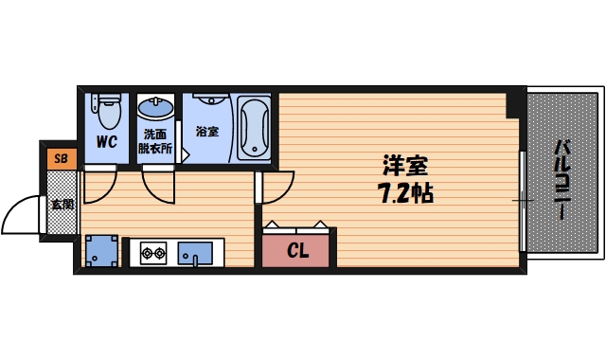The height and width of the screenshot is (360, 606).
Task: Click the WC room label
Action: point(106,143)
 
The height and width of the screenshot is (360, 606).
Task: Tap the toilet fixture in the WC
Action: point(106,112)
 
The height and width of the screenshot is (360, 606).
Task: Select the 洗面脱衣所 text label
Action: point(153,140)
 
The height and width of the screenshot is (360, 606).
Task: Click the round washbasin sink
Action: point(154,106)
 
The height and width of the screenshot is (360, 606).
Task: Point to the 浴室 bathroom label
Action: point(206,130)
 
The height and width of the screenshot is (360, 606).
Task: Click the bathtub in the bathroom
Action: point(252,127)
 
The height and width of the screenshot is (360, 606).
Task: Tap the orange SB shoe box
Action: point(60,157)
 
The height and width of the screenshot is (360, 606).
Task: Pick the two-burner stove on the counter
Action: point(153,252)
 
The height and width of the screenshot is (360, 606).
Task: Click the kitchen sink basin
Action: point(197,253)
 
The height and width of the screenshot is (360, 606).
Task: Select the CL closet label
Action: point(297,251)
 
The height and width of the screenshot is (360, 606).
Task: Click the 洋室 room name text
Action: point(402,168)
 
